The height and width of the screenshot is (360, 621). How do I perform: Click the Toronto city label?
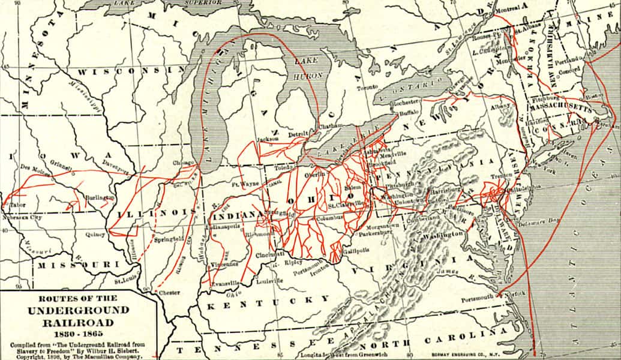(364, 88)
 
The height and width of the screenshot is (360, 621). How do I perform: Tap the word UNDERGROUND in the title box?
(78, 310)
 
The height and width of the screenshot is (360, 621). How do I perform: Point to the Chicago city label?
(184, 163)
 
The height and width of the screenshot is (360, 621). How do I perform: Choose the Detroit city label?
(297, 133)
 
